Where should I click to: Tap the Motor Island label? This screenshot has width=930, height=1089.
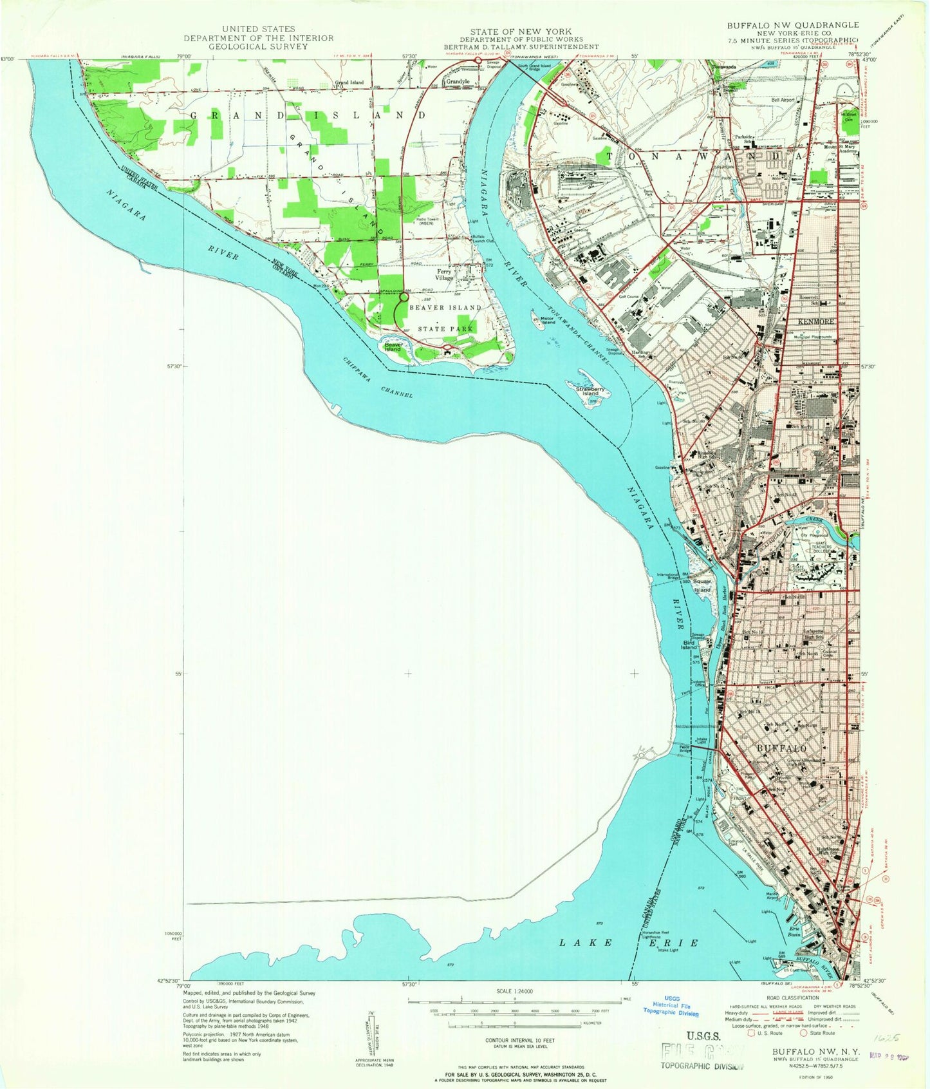pyautogui.click(x=548, y=320)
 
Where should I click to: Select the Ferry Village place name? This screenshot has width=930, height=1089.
pyautogui.click(x=444, y=274)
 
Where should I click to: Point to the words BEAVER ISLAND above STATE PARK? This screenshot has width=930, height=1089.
pyautogui.click(x=445, y=308)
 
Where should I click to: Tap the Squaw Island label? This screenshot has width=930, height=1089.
pyautogui.click(x=702, y=586)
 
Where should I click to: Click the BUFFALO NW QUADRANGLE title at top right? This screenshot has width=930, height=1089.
pyautogui.click(x=792, y=25)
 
